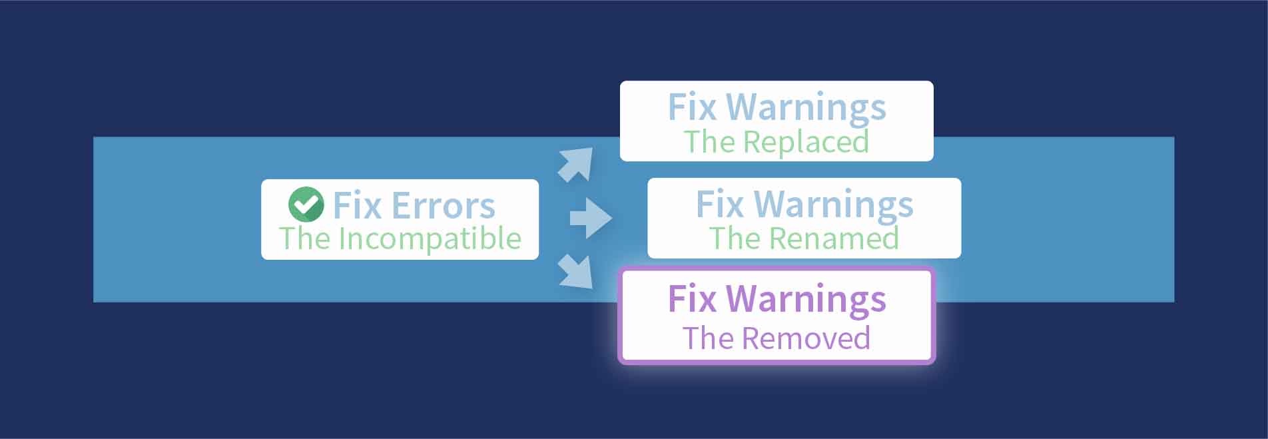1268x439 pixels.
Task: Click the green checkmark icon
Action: (x=306, y=204)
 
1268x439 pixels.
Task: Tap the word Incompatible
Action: (x=430, y=238)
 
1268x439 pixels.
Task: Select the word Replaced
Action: (x=806, y=142)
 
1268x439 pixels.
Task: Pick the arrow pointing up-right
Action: (x=575, y=164)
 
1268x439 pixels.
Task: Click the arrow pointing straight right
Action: (x=590, y=218)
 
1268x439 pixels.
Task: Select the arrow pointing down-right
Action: (x=575, y=272)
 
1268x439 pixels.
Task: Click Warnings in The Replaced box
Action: (x=806, y=107)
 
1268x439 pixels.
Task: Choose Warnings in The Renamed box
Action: (x=834, y=205)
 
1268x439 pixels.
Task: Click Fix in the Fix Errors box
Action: (x=357, y=205)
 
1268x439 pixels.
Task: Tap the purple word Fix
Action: (x=692, y=299)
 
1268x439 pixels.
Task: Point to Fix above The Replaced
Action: (x=692, y=107)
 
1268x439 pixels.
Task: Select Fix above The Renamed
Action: (x=720, y=204)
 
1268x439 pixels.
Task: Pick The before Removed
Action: (x=708, y=338)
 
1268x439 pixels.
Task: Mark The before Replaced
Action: (x=709, y=142)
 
